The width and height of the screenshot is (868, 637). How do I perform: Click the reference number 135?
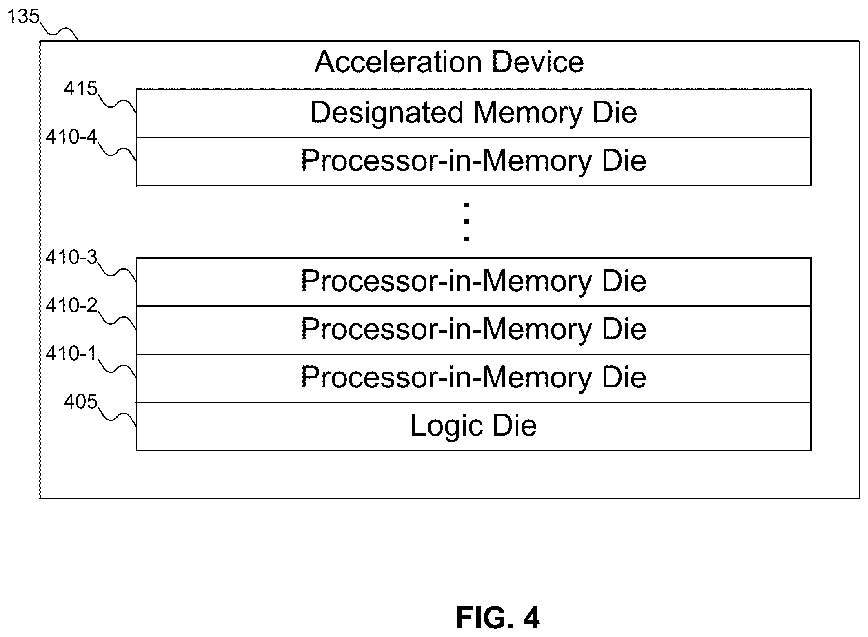click(x=23, y=17)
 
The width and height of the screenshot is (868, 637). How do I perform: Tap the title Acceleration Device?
click(x=449, y=62)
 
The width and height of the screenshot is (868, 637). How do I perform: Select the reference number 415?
click(x=80, y=88)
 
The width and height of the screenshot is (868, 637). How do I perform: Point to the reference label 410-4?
click(x=71, y=137)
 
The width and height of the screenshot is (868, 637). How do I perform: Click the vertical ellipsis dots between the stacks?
click(x=466, y=222)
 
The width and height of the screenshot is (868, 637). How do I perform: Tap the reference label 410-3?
click(x=71, y=257)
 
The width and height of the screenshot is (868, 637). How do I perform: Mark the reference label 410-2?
click(x=71, y=305)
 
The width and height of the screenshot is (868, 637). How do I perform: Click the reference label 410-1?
click(x=71, y=353)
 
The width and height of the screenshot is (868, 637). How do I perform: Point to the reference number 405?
click(x=80, y=402)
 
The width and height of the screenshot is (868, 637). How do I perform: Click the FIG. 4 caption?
click(x=498, y=618)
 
